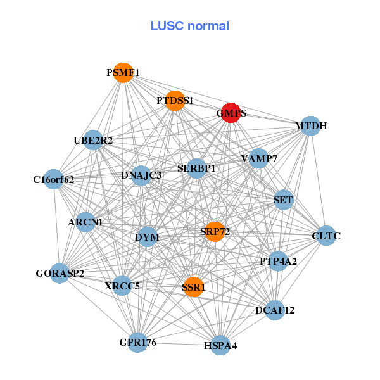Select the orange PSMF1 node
point(123,73)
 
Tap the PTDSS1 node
point(175,100)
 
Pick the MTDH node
point(310,125)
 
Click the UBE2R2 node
point(94,140)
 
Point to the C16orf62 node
point(54,179)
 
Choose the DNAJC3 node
point(142,175)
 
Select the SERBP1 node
point(197,168)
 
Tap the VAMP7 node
point(258,158)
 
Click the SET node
point(283,200)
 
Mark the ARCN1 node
point(85,222)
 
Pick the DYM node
point(148,237)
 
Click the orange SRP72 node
point(215,231)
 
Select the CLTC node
point(326,236)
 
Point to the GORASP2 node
point(60,273)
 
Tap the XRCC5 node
point(122,286)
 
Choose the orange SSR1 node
point(193,287)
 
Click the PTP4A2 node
point(278,260)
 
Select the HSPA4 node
point(220,345)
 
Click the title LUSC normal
point(190,26)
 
